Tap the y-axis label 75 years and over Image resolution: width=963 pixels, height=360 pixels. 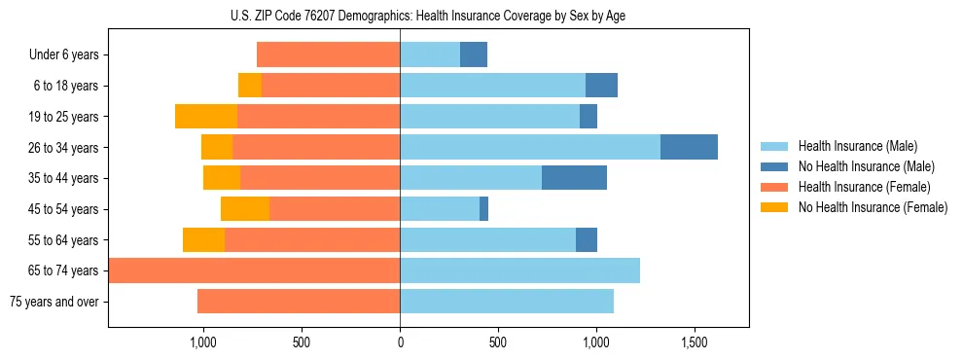pyautogui.click(x=53, y=302)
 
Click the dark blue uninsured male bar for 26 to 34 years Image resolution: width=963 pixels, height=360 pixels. pyautogui.click(x=689, y=147)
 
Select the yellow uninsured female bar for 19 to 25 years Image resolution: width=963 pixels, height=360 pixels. pyautogui.click(x=206, y=117)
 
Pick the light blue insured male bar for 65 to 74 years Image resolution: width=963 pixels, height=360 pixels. pyautogui.click(x=519, y=270)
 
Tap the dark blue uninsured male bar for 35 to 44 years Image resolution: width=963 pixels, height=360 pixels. pyautogui.click(x=574, y=178)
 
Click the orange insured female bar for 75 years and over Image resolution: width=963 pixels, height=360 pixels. pyautogui.click(x=299, y=302)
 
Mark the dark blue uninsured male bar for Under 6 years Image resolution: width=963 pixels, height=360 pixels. pyautogui.click(x=474, y=55)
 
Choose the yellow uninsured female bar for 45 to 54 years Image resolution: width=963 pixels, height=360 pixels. pyautogui.click(x=245, y=209)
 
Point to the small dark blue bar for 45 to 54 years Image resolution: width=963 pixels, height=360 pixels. pyautogui.click(x=483, y=209)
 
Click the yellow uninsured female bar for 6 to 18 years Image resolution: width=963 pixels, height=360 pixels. pyautogui.click(x=250, y=86)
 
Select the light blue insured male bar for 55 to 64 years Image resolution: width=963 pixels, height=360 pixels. pyautogui.click(x=487, y=240)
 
